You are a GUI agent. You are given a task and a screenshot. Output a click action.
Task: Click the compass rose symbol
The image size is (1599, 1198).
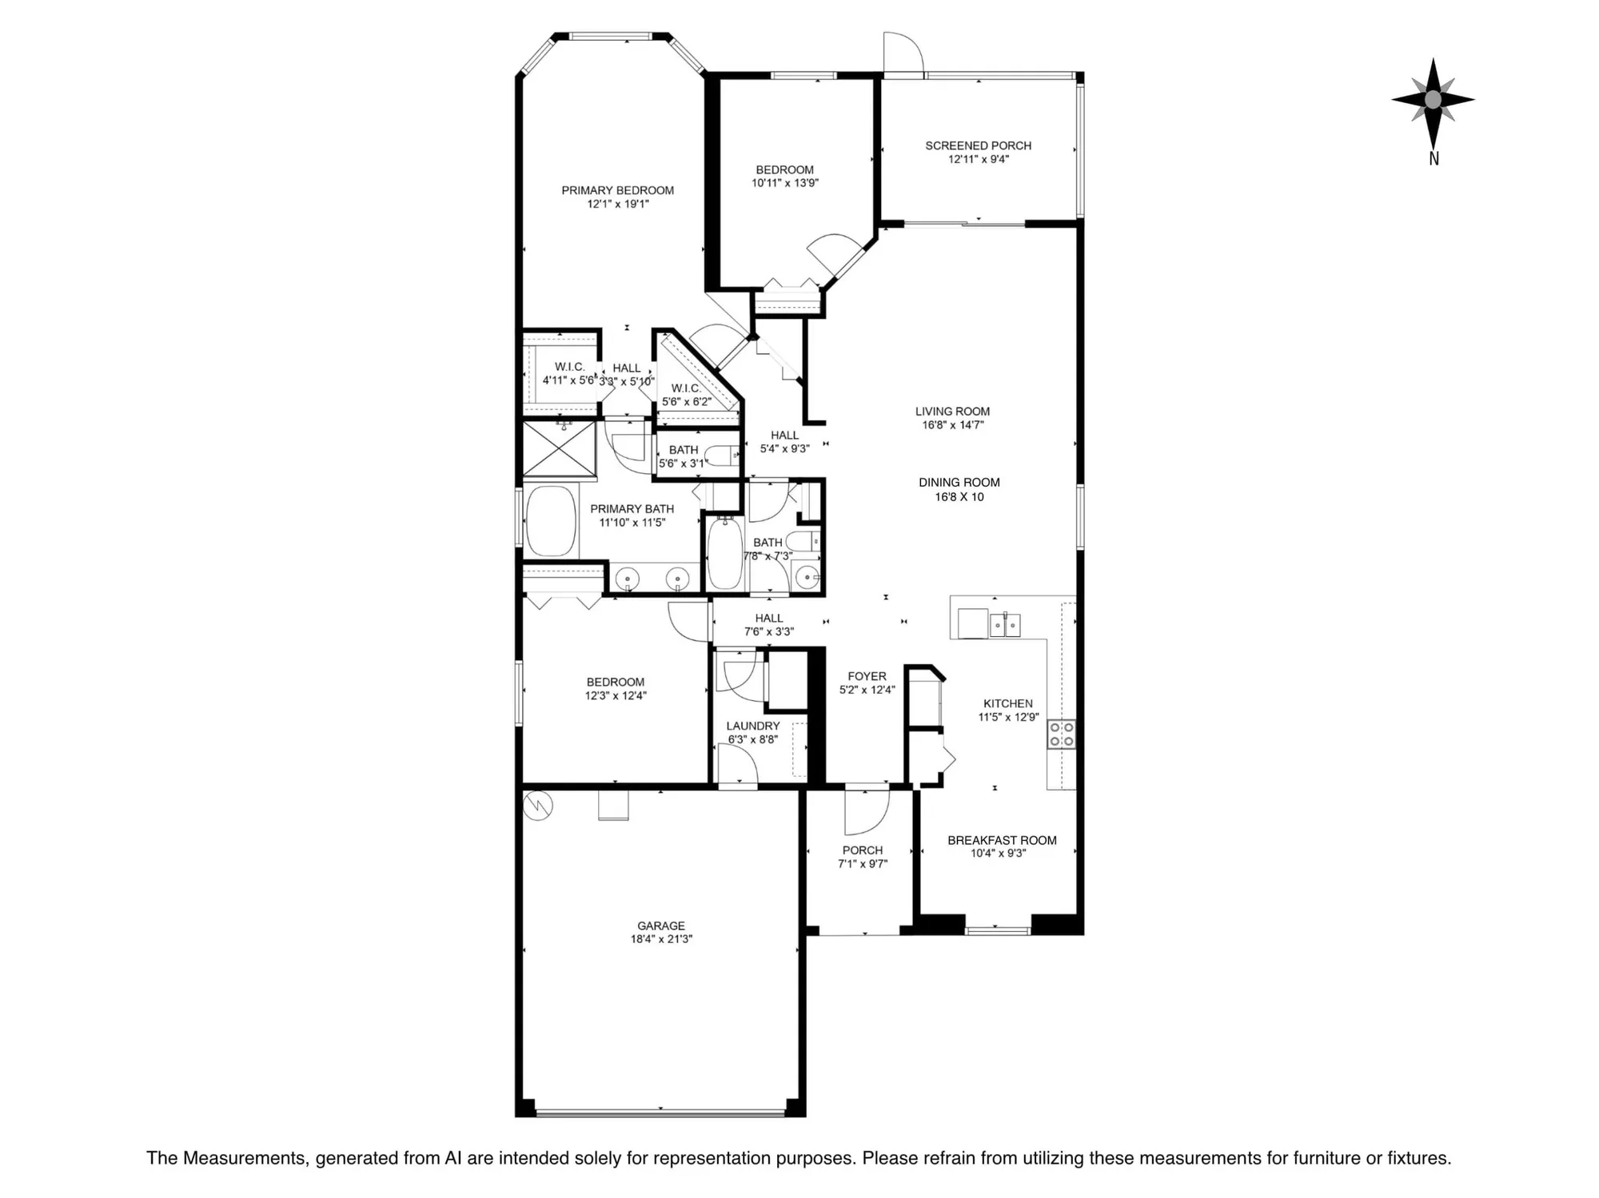[x=1433, y=100]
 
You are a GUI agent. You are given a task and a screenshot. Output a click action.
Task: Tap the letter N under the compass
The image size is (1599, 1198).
[x=1434, y=159]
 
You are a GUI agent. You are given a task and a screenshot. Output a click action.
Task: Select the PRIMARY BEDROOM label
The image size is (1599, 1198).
[x=617, y=190]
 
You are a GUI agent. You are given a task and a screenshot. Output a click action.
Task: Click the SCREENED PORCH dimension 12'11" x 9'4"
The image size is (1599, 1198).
[x=979, y=159]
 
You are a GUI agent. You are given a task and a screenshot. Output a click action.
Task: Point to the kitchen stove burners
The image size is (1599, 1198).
[x=1061, y=734]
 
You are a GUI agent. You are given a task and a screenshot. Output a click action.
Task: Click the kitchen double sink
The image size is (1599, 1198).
[x=1005, y=624]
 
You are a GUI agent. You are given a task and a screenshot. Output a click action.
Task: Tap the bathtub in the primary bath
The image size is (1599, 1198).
[x=551, y=521]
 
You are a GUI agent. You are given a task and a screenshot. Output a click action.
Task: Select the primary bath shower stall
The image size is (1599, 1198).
[x=559, y=449]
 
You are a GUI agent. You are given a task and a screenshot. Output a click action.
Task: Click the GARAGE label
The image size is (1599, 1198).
[x=660, y=925]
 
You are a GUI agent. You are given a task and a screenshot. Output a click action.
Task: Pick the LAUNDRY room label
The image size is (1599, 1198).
[x=752, y=726]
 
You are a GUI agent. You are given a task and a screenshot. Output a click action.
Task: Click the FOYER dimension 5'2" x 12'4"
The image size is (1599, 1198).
[x=867, y=690]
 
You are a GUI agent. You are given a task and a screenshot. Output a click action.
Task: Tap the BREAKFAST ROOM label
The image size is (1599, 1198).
[x=1002, y=840]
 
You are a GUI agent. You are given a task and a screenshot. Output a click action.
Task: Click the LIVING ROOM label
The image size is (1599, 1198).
[x=952, y=412]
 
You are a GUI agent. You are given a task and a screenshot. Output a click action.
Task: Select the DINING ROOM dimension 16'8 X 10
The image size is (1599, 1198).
[x=959, y=496]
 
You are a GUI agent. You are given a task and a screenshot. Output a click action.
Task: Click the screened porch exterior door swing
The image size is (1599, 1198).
[x=902, y=53]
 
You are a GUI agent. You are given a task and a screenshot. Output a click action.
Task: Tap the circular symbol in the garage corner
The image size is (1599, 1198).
[x=537, y=805]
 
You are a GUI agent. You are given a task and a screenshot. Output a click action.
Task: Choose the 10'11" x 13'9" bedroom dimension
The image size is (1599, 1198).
[x=784, y=183]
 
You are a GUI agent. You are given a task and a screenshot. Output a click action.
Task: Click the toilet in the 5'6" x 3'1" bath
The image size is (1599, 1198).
[x=724, y=456]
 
